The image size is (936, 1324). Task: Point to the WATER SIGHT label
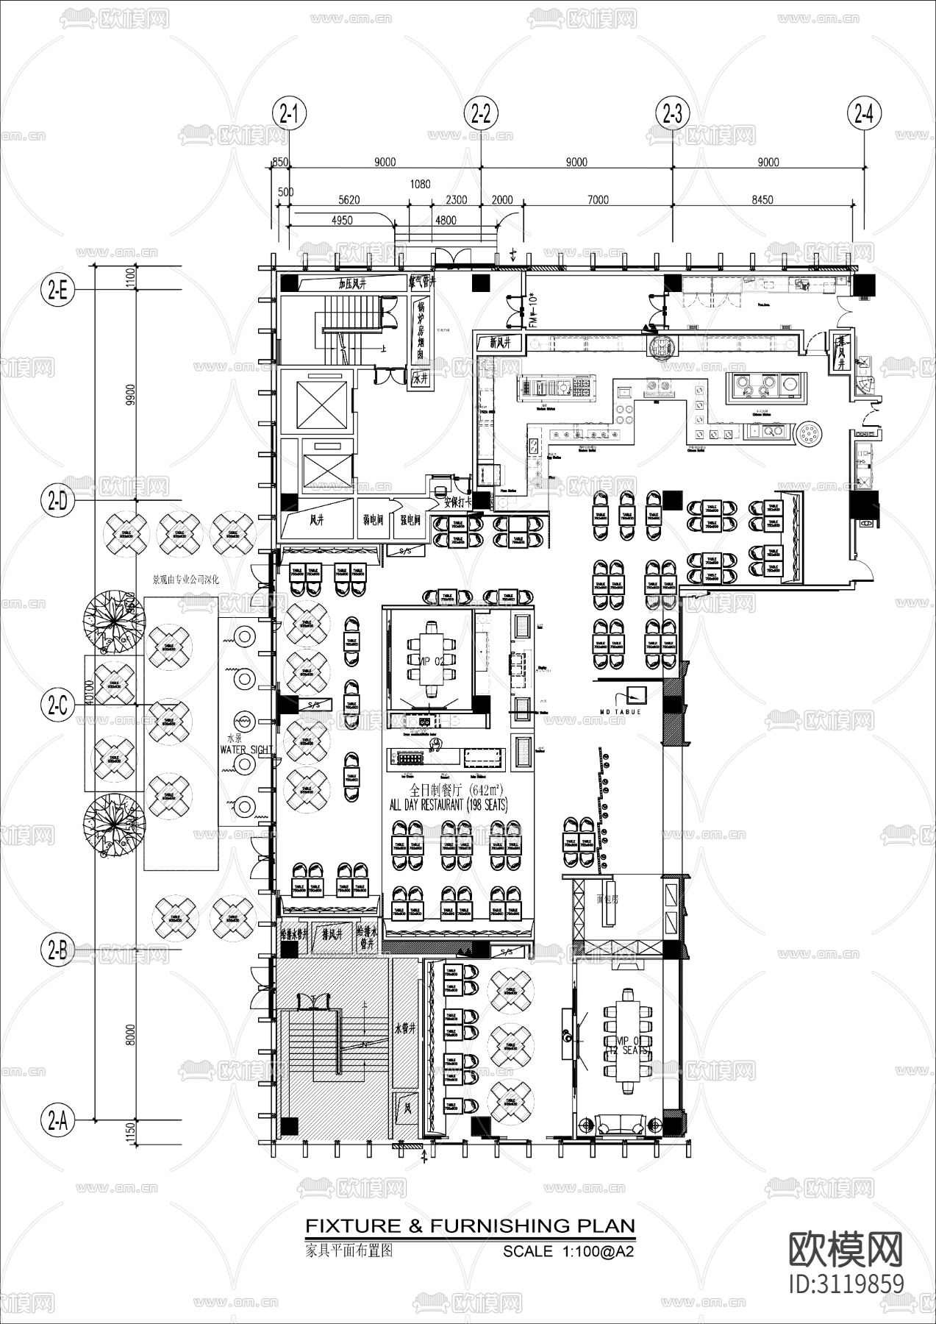(x=246, y=750)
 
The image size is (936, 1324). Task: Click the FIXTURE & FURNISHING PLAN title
(x=469, y=1225)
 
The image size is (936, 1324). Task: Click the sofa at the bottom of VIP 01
(x=621, y=1125)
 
